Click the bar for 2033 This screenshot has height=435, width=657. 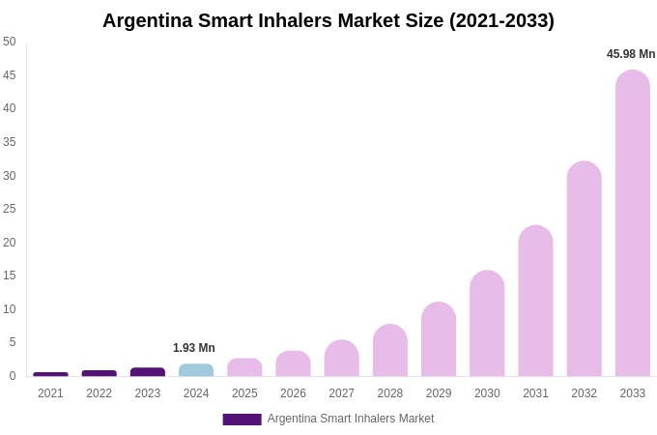(632, 223)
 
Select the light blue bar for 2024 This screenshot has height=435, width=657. (196, 370)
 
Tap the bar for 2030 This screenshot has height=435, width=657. (487, 324)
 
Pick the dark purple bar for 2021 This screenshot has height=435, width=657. (50, 374)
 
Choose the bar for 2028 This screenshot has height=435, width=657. (390, 351)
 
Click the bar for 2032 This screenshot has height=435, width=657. (584, 269)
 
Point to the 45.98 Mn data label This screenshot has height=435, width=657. (630, 54)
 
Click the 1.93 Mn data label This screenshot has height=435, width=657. (194, 348)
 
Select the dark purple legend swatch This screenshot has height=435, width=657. (242, 420)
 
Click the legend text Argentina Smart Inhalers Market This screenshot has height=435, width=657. (351, 419)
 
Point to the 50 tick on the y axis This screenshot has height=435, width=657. (10, 42)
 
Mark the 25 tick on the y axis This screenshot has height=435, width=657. (10, 209)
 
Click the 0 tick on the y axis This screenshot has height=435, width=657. (13, 376)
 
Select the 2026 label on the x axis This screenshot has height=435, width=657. (293, 393)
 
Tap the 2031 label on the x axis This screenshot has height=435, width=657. (535, 393)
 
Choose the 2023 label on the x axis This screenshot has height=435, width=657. (148, 393)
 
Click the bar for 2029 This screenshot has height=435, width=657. (439, 339)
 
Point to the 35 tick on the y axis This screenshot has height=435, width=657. (10, 142)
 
